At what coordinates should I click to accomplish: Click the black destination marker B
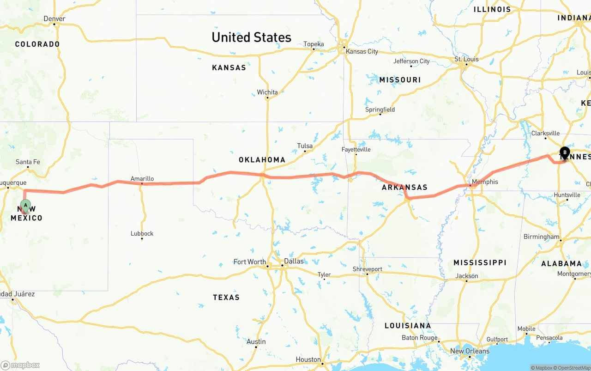[x=565, y=152]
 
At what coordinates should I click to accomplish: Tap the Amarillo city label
[x=142, y=178]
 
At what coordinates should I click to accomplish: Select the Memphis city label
[x=485, y=182]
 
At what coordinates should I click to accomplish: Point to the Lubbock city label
[x=142, y=233]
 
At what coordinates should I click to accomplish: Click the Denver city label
[x=54, y=18]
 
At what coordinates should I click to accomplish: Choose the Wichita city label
[x=267, y=92]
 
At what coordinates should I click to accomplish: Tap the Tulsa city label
[x=305, y=146]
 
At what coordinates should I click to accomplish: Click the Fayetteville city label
[x=356, y=149]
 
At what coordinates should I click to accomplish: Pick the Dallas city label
[x=294, y=261]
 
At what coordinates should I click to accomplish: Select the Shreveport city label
[x=368, y=269]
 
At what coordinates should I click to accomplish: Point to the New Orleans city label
[x=470, y=351]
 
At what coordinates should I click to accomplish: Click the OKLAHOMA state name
[x=262, y=160]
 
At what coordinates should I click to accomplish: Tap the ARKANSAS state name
[x=404, y=187]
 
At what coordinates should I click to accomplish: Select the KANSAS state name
[x=229, y=67]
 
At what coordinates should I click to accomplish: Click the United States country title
[x=251, y=37]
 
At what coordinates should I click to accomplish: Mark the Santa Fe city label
[x=28, y=162]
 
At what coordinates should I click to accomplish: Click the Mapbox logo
[x=20, y=365]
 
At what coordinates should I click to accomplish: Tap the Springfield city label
[x=380, y=109]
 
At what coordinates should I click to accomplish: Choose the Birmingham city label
[x=541, y=237]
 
